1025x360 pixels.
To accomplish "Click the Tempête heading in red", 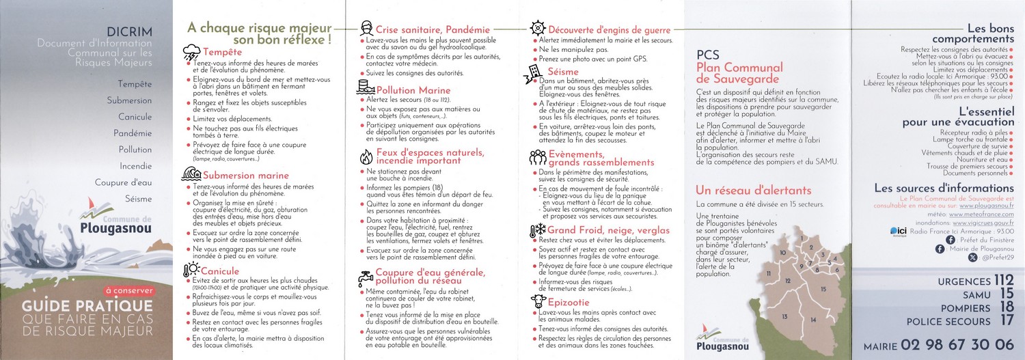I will [223, 52].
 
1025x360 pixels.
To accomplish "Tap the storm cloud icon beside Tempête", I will [192, 51].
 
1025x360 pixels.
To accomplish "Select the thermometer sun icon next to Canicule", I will [191, 271].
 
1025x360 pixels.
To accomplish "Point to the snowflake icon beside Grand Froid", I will [538, 230].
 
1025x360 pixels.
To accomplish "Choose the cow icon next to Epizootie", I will [538, 301].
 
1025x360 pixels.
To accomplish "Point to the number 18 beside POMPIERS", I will [1006, 308].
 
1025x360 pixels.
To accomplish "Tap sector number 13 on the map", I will [784, 316].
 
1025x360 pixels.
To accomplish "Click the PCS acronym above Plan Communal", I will [707, 55].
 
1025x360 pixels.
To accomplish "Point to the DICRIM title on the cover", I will [130, 31].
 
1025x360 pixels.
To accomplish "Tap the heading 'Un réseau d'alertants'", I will [753, 190].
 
